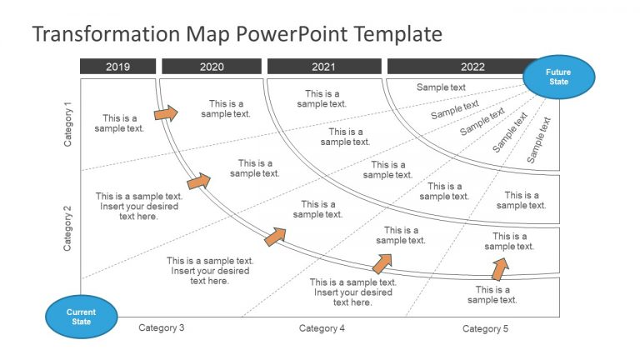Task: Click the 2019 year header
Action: point(117,67)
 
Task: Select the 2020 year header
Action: point(212,67)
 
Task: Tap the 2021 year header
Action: point(323,67)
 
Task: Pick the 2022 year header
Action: point(472,67)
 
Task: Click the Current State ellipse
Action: point(81,317)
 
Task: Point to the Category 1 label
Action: point(68,124)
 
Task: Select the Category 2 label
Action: point(68,228)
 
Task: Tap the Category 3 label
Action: point(162,328)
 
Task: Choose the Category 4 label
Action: point(322,328)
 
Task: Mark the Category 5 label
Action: point(485,329)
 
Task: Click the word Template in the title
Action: point(397,34)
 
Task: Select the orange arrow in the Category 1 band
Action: point(166,112)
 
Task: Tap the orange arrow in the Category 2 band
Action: point(198,180)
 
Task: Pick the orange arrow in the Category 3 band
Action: point(275,236)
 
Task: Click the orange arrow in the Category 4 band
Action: point(382,263)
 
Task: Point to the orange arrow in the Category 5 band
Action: point(499,268)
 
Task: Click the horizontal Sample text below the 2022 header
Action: point(441,87)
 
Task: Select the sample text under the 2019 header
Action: point(119,123)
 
